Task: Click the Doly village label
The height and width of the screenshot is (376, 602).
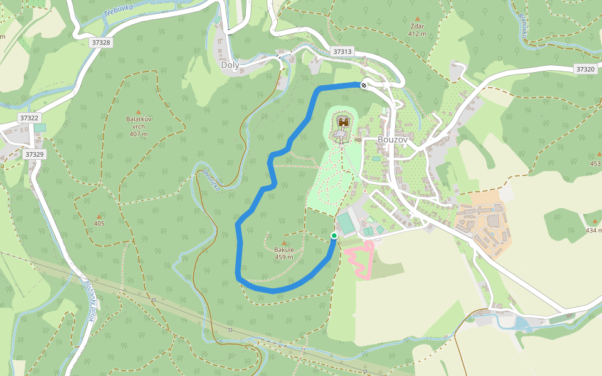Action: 230,65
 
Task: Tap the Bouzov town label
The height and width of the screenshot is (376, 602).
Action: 393,140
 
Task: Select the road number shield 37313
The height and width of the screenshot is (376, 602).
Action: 342,51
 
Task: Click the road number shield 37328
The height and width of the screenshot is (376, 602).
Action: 100,43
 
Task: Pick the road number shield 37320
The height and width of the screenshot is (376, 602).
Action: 585,70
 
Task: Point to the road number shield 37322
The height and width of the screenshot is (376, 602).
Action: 29,118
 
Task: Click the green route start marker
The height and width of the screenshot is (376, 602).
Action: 334,236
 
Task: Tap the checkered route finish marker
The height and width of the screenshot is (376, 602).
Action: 364,85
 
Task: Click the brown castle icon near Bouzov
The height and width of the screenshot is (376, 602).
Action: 343,122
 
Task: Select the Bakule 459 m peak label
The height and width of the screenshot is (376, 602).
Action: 284,253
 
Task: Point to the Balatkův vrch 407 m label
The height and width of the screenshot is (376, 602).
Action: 139,126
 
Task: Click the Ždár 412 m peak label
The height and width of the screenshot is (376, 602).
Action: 417,29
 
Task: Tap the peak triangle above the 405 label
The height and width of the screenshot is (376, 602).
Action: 99,216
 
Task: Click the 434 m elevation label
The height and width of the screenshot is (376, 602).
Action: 593,230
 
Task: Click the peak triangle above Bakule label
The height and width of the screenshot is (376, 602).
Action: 284,243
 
